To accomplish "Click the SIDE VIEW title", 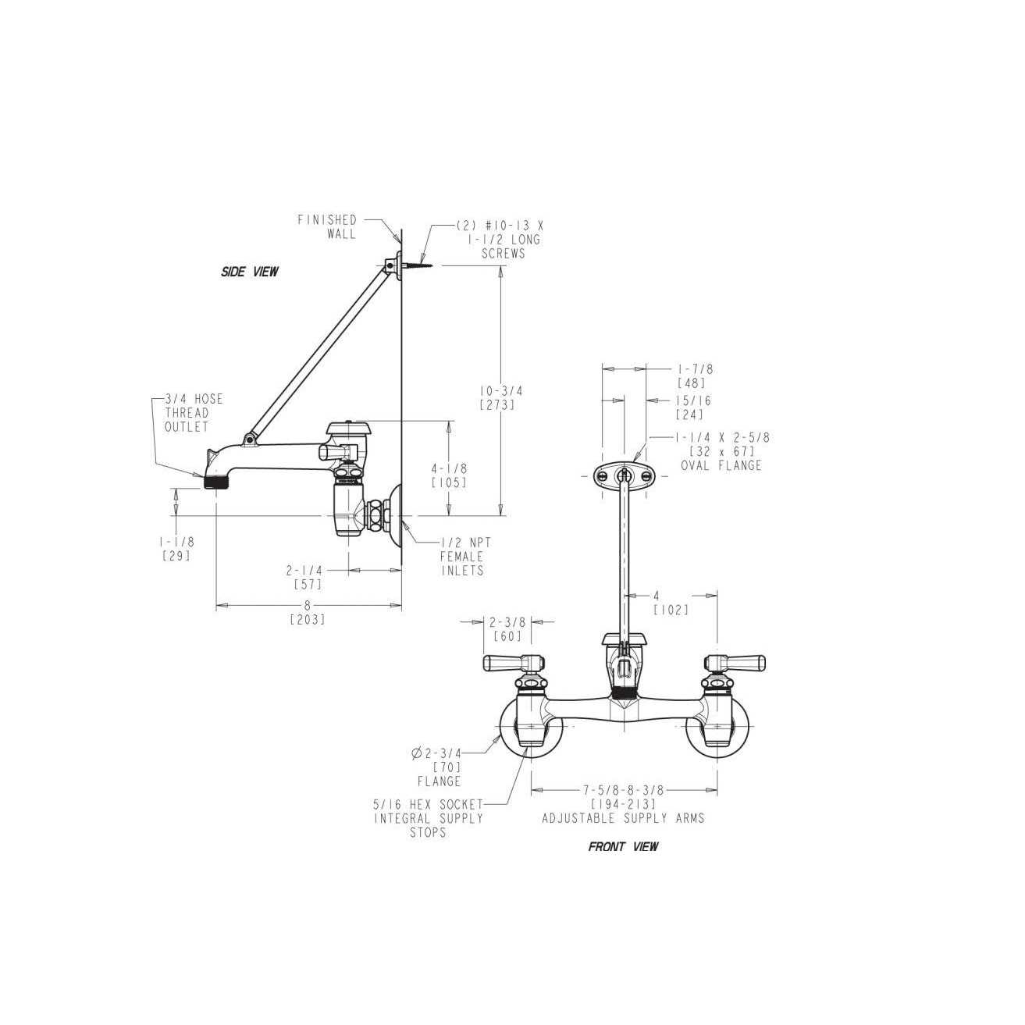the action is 250,272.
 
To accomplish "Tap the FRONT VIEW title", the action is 624,846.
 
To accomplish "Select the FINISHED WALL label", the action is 327,226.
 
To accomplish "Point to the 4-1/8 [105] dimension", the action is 450,475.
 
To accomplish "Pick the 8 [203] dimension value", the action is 308,613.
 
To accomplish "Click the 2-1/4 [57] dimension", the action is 304,577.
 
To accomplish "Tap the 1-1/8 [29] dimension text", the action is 176,549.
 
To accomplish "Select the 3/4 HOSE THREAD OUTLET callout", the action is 194,413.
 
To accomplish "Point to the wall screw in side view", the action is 420,265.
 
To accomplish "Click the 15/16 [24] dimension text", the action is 693,408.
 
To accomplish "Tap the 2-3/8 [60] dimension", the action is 507,628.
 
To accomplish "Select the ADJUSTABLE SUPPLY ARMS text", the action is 624,818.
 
